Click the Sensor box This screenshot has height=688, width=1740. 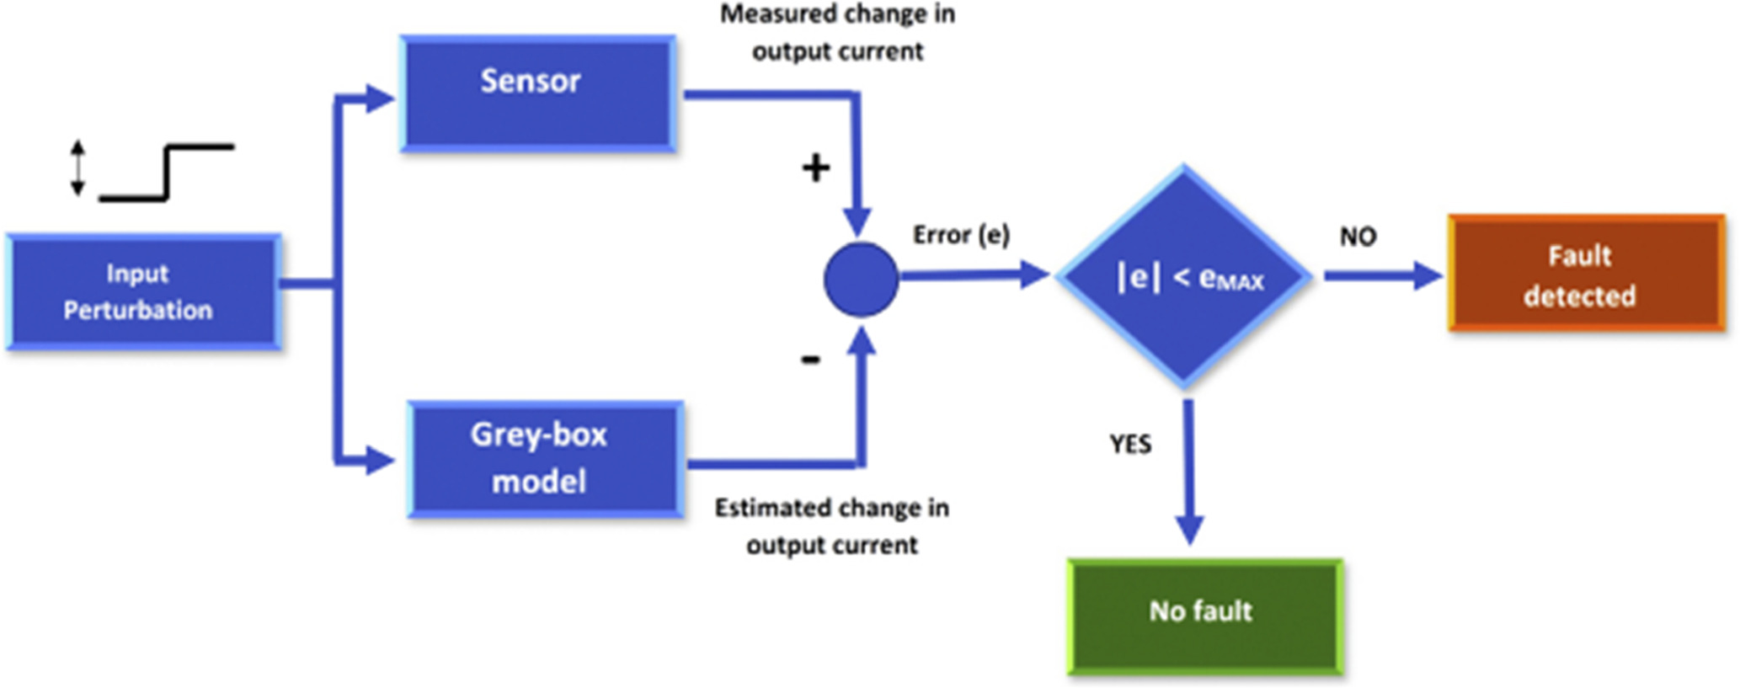(537, 93)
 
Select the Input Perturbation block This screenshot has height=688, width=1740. (144, 291)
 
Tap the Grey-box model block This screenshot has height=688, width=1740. (546, 459)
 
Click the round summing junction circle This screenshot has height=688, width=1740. (861, 280)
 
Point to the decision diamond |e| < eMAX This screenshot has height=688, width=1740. (1184, 276)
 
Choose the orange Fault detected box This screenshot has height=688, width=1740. (1587, 273)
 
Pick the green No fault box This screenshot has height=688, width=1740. (1205, 616)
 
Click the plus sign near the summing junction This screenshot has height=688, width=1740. (815, 168)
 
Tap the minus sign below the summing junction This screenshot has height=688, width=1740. (810, 360)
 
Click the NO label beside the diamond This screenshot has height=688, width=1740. (1358, 237)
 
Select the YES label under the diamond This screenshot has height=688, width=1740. (1130, 444)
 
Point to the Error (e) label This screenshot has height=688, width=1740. (961, 235)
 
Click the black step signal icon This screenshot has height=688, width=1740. (167, 173)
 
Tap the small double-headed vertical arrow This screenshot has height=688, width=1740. (77, 168)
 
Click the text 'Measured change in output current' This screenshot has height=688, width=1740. (838, 33)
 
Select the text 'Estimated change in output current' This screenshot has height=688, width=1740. (832, 526)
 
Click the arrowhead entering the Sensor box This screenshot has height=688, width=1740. (381, 99)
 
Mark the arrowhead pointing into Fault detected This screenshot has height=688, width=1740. (1428, 275)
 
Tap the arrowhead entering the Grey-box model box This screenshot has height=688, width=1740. (381, 461)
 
